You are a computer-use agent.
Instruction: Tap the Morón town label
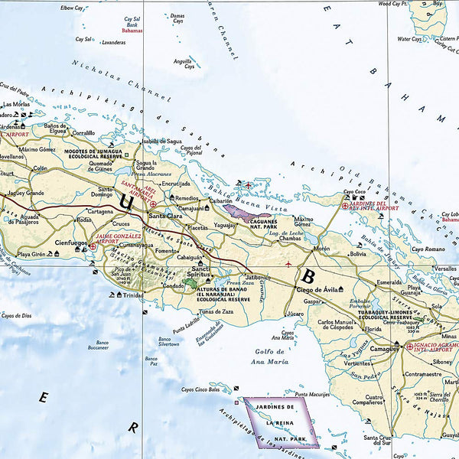[322, 249]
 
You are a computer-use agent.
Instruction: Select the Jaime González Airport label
[119, 242]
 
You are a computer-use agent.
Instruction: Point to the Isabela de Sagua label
[161, 140]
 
